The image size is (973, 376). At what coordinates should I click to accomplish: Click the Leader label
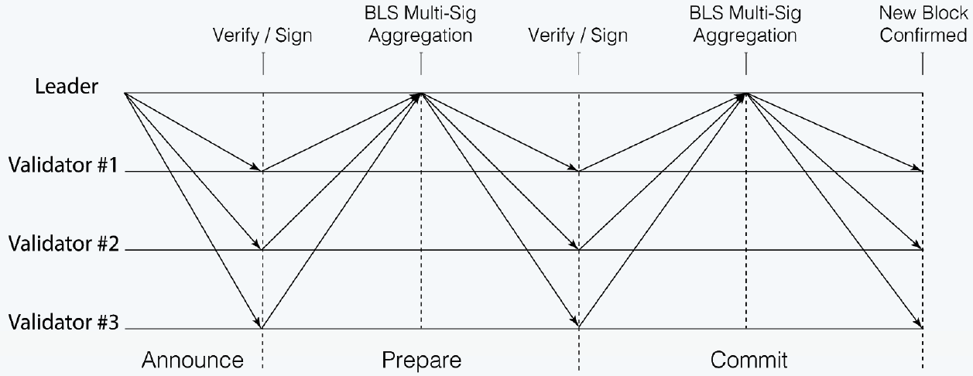tap(67, 86)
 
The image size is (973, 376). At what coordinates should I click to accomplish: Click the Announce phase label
tap(192, 360)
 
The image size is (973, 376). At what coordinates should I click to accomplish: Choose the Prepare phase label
tap(421, 360)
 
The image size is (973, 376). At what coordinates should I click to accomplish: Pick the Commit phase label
tap(749, 360)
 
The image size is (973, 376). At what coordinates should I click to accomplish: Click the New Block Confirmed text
tap(923, 26)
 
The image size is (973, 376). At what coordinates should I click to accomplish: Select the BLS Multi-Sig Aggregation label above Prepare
tap(421, 26)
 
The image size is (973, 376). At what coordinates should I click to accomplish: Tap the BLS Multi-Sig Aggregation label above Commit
tap(745, 26)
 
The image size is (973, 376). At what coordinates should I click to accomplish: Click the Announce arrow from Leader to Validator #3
tap(194, 210)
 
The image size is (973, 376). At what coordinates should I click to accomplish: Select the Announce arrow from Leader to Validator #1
tap(194, 132)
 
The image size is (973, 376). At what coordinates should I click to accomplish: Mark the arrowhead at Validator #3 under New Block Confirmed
tap(919, 325)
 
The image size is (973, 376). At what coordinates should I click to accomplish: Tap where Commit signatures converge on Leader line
tap(745, 94)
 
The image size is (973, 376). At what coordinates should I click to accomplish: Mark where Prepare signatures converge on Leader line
tap(421, 94)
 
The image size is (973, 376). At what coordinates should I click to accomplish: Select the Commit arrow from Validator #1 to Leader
tap(662, 132)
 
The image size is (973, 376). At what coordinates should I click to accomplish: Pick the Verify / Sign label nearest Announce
tap(263, 36)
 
